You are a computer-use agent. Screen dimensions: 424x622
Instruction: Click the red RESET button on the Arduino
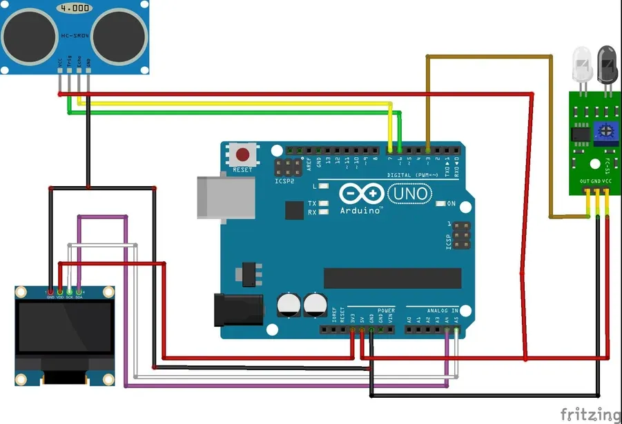point(242,154)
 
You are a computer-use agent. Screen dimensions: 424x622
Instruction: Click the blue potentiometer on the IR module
point(606,129)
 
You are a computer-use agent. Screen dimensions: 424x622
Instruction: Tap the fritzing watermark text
point(590,413)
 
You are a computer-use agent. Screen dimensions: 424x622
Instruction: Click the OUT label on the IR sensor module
point(585,181)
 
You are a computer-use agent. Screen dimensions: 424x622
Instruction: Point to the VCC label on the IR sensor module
point(607,181)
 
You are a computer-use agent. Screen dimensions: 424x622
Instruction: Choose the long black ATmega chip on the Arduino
point(392,277)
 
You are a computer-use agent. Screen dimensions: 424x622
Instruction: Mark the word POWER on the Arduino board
point(386,311)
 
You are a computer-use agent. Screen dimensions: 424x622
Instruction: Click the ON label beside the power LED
point(451,203)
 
